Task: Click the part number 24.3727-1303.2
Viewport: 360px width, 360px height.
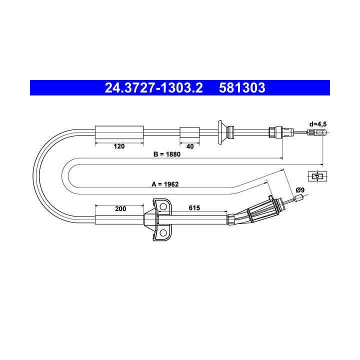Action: coord(154,88)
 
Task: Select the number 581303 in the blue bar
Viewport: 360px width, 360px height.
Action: coord(242,88)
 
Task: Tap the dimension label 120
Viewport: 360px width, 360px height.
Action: coord(119,146)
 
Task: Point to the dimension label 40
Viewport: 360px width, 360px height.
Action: coord(190,146)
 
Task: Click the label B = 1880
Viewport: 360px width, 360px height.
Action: coord(167,154)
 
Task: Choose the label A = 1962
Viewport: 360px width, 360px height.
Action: coord(165,184)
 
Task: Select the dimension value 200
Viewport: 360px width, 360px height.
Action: coord(120,208)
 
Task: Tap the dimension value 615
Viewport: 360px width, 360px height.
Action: coord(194,208)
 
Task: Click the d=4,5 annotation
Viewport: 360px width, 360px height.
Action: coord(318,124)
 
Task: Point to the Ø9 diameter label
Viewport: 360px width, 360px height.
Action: coord(300,190)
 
